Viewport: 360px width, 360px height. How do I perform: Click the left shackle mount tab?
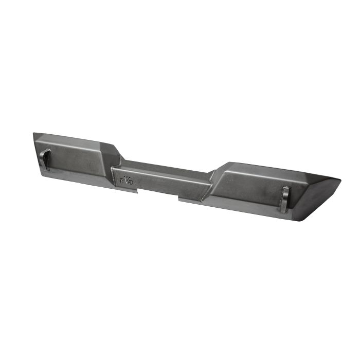[46, 159]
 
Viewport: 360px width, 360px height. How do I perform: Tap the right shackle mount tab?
[285, 199]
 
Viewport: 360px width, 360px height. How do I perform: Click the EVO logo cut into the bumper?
[126, 179]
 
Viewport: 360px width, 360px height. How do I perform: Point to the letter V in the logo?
[127, 179]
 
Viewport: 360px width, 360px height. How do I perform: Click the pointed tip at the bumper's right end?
[339, 180]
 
